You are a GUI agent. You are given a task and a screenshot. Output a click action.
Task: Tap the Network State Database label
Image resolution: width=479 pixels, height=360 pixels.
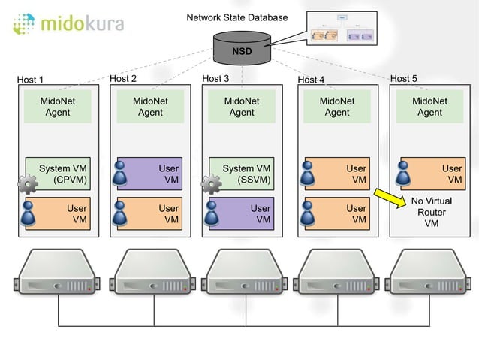[236, 17]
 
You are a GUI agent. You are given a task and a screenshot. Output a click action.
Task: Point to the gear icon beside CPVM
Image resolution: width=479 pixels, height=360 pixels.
[27, 183]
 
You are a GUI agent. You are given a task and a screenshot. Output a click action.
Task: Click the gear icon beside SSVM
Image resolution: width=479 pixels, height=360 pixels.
[211, 183]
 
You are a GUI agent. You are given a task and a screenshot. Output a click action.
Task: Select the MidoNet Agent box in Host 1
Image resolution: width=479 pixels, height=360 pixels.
[57, 107]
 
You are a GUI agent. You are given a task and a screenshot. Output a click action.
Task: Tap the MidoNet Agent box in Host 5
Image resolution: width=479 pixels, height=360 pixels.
[429, 107]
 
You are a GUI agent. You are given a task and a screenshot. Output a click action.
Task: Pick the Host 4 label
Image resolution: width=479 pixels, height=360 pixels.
[311, 79]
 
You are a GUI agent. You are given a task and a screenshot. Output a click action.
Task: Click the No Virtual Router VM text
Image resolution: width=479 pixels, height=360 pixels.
[431, 212]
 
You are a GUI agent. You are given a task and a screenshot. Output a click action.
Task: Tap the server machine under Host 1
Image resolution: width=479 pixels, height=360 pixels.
[58, 276]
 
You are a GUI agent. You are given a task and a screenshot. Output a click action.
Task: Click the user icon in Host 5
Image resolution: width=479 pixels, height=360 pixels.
[404, 175]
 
